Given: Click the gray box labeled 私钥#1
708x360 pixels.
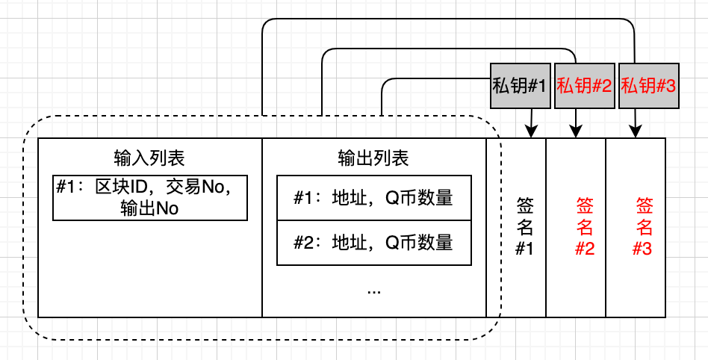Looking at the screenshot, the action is point(520,86).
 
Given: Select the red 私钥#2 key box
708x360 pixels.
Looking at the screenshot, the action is point(584,86).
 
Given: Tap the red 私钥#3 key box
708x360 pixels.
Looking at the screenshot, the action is point(648,86).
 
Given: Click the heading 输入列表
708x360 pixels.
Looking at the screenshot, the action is point(149,158).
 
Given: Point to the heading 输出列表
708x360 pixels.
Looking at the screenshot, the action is point(373,158).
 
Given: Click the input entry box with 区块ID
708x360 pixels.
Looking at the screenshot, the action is point(150,197).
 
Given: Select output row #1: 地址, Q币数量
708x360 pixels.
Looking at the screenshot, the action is point(374,198).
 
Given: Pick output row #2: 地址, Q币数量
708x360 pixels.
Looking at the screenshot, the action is point(374,243).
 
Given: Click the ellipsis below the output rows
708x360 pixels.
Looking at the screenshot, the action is point(374,292).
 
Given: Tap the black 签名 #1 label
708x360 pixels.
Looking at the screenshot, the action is point(524,227).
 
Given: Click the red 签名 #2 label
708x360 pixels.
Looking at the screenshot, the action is point(584,227).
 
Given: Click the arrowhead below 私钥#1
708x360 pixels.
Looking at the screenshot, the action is point(530,132).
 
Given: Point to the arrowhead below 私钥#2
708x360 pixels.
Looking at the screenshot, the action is point(576,132).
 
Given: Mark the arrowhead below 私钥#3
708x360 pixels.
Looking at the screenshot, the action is point(636,132).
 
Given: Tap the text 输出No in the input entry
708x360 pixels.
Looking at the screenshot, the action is point(149,208).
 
